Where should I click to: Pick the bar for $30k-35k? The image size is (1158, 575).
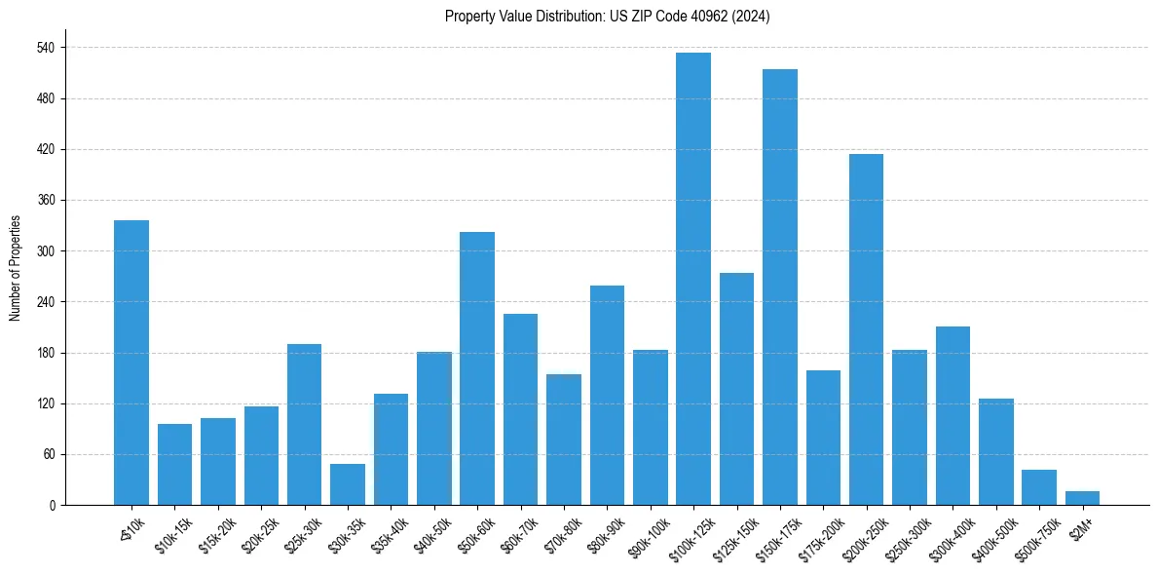[x=348, y=484]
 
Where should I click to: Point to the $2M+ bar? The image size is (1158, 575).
[x=1082, y=498]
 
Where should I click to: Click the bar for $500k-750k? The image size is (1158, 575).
[x=1039, y=487]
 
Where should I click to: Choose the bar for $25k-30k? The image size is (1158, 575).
[x=304, y=424]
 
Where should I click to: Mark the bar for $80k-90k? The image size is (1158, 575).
[x=607, y=395]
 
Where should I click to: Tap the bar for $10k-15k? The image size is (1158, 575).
[x=174, y=464]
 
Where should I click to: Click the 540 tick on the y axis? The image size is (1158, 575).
[x=45, y=48]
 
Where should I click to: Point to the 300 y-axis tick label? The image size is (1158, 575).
[x=45, y=251]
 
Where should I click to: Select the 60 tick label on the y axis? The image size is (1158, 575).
[x=48, y=454]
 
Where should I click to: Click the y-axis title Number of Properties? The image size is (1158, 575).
[x=15, y=268]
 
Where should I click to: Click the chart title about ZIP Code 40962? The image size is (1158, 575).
[x=607, y=17]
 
